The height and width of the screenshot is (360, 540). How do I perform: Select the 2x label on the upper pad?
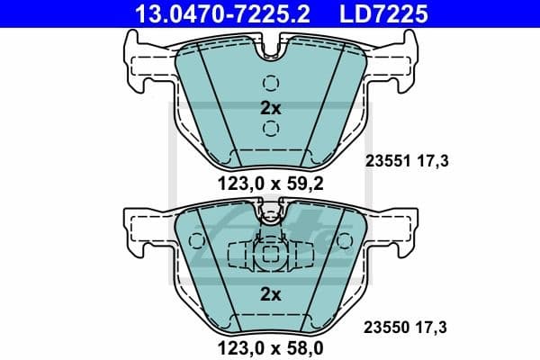(x=270, y=107)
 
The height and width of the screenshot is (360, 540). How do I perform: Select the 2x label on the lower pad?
(x=270, y=294)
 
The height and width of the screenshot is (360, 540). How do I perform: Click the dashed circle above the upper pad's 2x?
(x=270, y=83)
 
